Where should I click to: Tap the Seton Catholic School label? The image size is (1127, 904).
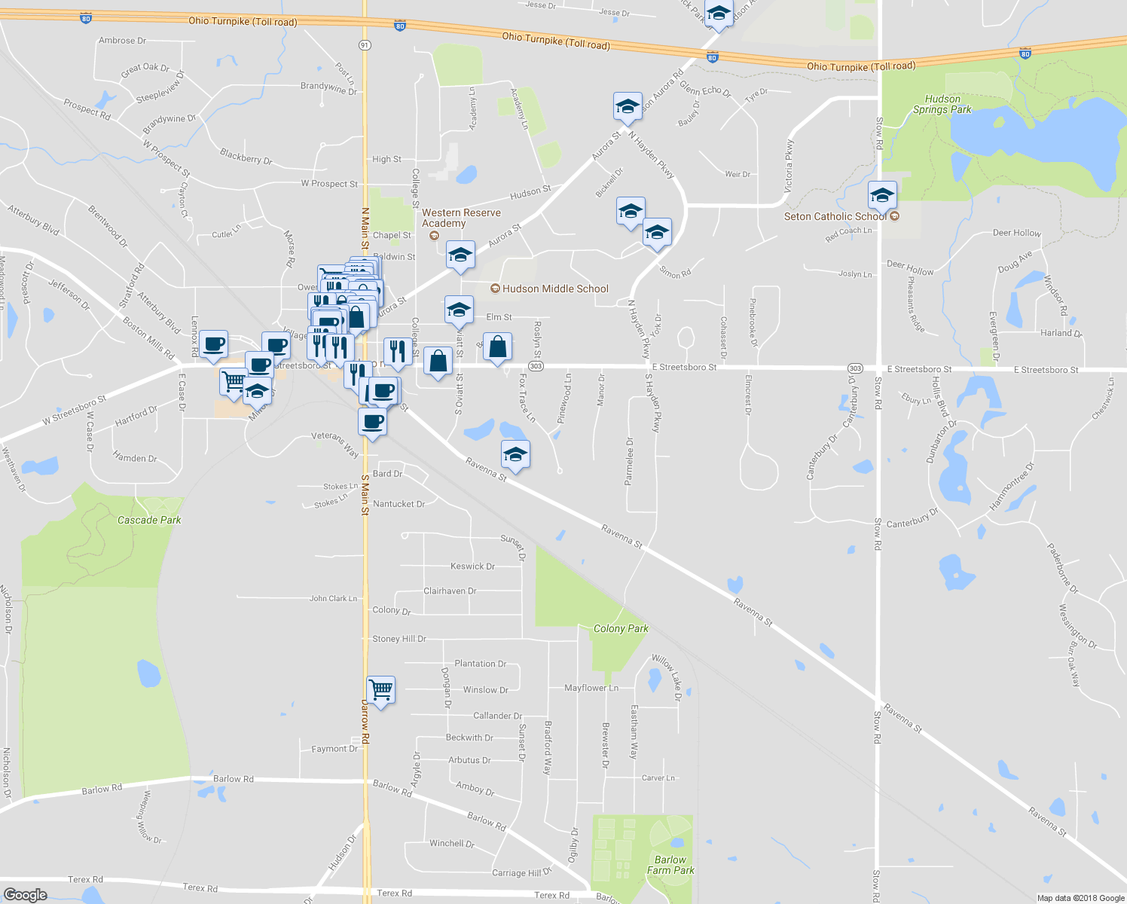[835, 216]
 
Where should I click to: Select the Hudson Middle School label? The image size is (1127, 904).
[555, 289]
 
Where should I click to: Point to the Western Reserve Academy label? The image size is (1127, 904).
[461, 218]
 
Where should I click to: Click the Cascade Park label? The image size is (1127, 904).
[149, 520]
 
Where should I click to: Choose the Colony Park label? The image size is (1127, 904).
[621, 628]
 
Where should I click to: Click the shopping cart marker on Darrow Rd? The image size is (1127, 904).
[380, 689]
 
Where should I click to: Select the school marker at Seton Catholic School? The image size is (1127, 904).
[882, 196]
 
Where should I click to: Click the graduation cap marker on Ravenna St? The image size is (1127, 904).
[515, 454]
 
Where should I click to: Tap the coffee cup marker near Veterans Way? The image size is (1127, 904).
[372, 422]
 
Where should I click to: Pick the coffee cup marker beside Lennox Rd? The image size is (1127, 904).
[213, 344]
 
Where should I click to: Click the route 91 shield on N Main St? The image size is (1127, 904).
[365, 45]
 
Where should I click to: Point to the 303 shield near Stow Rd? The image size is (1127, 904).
[854, 368]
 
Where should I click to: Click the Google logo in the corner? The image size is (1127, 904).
[25, 895]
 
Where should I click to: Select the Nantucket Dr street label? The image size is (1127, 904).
[399, 504]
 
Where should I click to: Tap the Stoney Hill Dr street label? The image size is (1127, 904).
[399, 639]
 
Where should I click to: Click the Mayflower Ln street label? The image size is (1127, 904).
[591, 688]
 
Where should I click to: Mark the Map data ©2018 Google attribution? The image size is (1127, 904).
[1080, 898]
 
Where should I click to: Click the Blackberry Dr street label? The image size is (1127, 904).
[246, 157]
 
